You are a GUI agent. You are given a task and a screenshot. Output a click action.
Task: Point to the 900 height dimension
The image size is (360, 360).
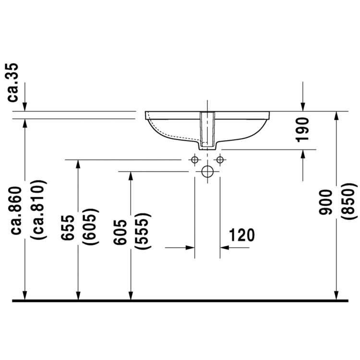pos(326,202)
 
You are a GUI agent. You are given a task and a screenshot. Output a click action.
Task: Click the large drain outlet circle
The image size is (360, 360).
pos(207,171)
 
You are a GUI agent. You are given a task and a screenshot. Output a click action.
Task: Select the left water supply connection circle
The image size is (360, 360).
pos(195,159)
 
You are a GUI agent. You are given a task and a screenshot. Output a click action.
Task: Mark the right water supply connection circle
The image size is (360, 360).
pos(220,159)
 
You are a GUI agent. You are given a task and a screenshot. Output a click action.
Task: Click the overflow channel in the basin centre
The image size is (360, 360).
pos(207,129)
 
